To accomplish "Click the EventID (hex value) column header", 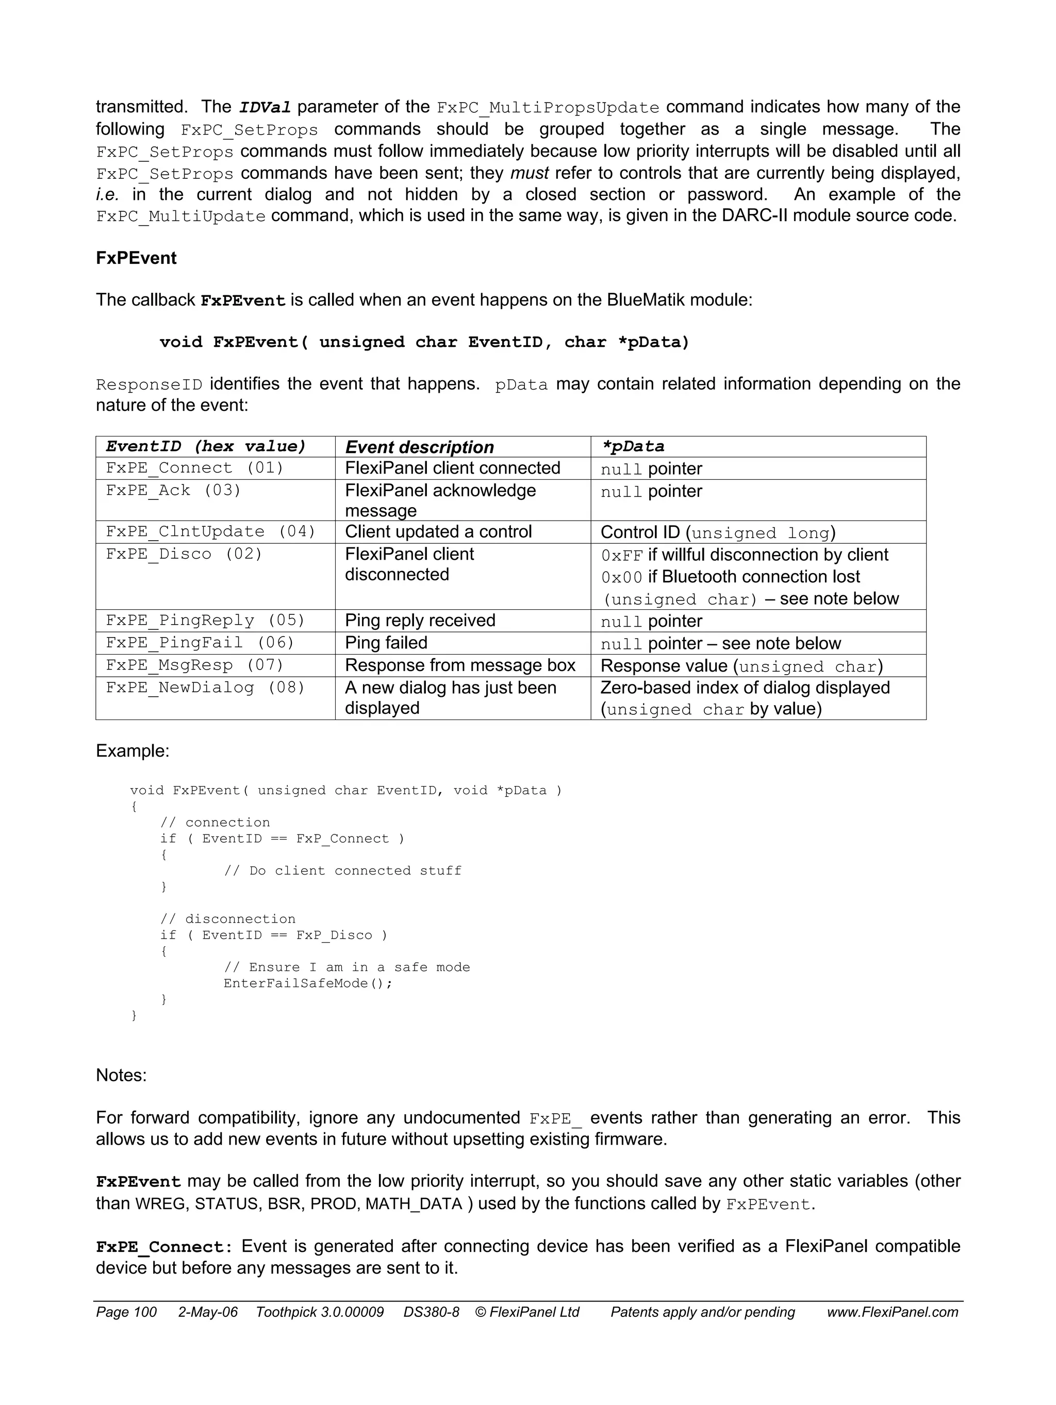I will coord(206,446).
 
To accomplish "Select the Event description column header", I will coord(419,447).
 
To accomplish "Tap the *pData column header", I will coord(633,446).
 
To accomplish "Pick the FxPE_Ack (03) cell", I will coord(173,490).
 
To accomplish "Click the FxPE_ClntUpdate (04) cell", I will coord(210,531).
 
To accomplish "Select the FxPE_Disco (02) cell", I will coord(184,554).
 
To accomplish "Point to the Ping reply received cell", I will coord(420,621).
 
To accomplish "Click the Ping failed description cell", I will coord(386,643).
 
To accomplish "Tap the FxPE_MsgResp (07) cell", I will coord(194,665).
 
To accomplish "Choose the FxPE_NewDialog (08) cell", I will coord(205,687).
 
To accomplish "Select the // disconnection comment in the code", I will coord(227,919).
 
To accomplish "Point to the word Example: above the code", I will coord(132,751).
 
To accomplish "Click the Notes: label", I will coord(121,1075).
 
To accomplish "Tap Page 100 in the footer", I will coord(126,1312).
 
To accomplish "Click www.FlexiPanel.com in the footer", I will coord(892,1312).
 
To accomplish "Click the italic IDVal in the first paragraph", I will coord(265,107).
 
